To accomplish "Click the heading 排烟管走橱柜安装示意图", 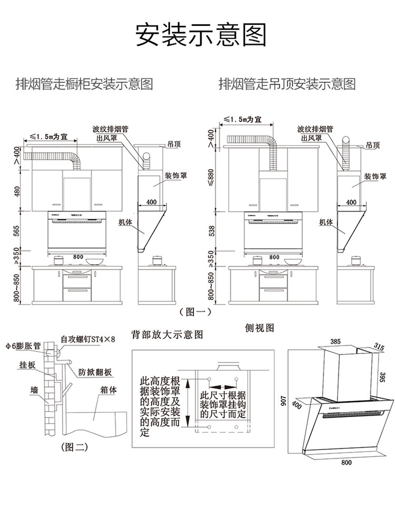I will (85, 84).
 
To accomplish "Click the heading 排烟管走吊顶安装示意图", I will (287, 84).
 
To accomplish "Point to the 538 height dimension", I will (212, 230).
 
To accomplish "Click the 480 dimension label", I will (16, 191).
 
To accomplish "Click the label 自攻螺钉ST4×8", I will (87, 339).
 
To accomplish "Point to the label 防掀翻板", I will (95, 371).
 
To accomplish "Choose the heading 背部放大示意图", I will (167, 335).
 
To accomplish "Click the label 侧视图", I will (260, 327).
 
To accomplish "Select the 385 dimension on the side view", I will (335, 341).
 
